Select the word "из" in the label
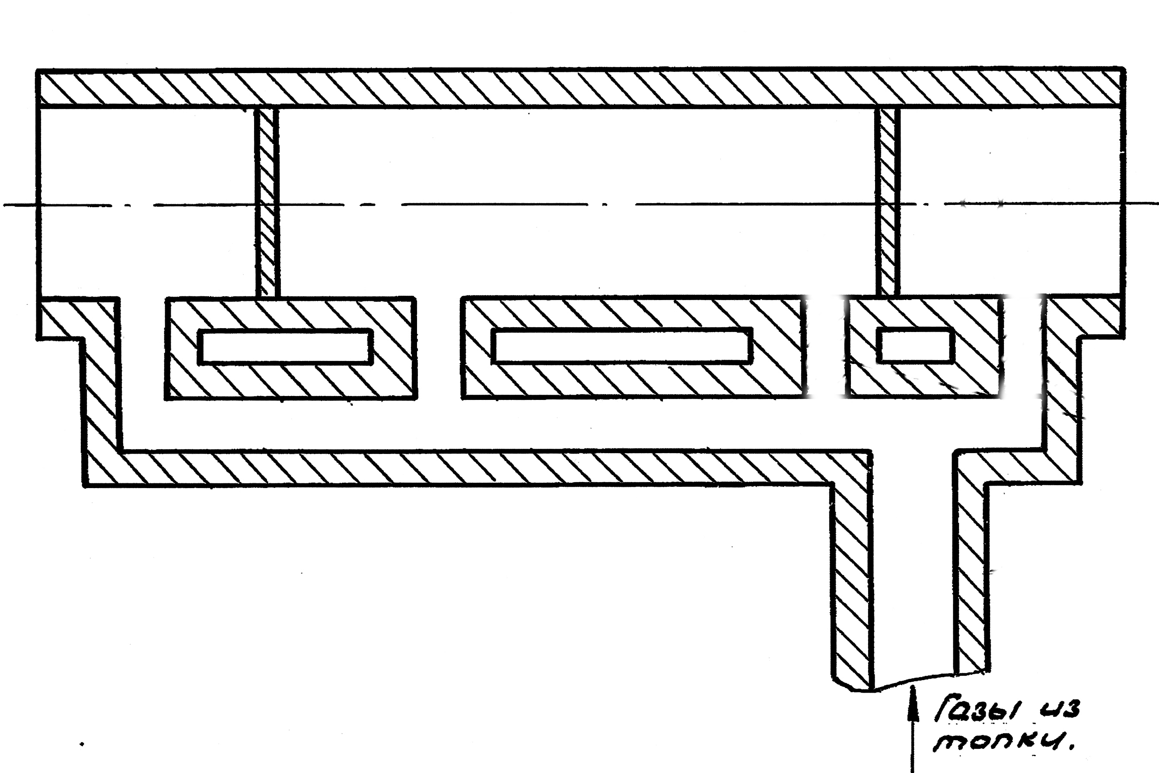pos(1060,709)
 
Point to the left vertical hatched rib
pos(267,202)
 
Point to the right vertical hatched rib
pos(888,202)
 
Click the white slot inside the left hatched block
pos(285,347)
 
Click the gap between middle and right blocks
pos(826,347)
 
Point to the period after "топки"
pos(1068,749)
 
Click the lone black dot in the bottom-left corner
pos(82,744)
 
